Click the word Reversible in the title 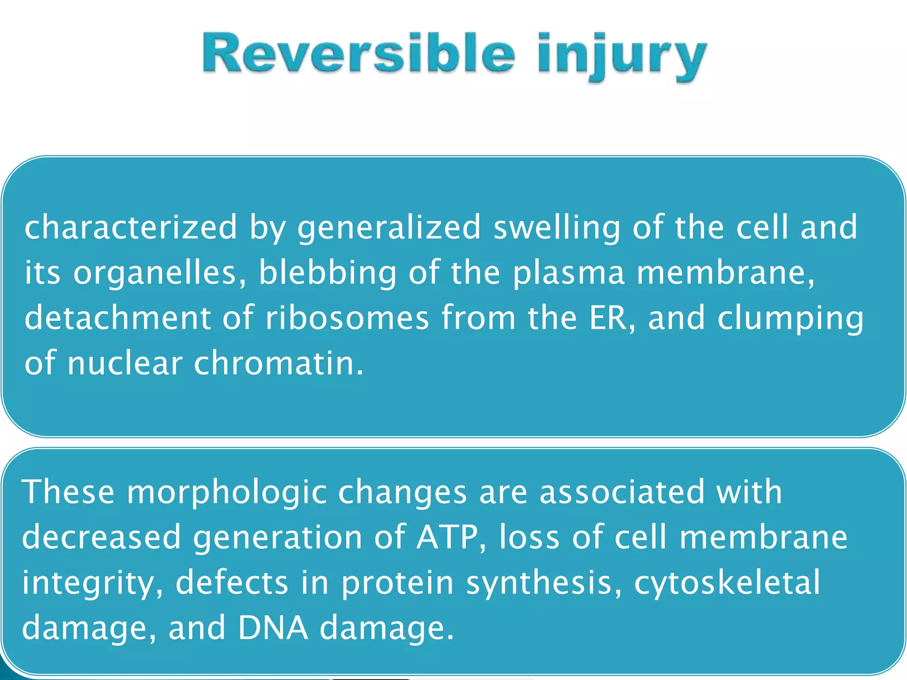[x=359, y=54]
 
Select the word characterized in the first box [x=131, y=227]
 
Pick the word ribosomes [x=347, y=318]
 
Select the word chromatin [x=279, y=363]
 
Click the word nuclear [x=125, y=363]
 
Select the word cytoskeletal [x=727, y=583]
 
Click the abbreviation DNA [x=273, y=628]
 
